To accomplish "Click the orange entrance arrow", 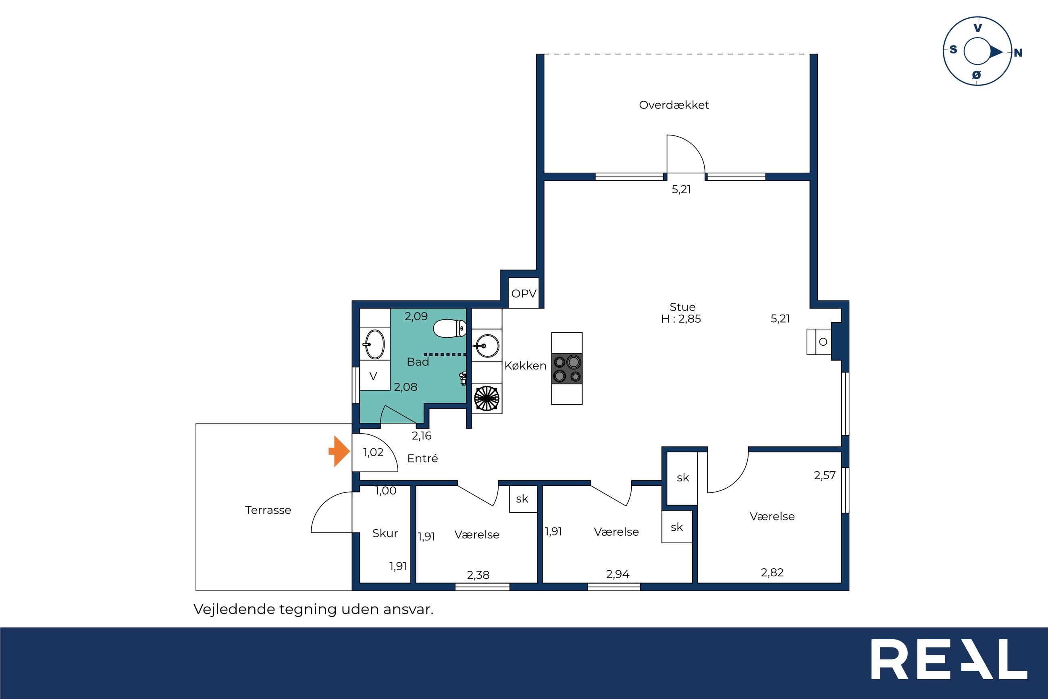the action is coord(339,451).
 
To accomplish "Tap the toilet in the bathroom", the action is coord(450,329).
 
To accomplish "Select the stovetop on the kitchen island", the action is coord(567,369).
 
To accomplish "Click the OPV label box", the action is coord(524,293).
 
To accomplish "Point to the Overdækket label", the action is coord(674,105).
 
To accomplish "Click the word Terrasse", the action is coord(268,510).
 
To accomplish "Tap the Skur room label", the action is coord(385,533).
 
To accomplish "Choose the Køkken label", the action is coord(525,365).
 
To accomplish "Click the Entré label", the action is coord(423,458).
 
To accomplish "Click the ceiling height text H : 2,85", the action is coord(681,319).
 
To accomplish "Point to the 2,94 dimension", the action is coord(618,574).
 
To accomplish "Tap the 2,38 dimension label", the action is coord(478,575).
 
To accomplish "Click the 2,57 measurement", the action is coord(825,475).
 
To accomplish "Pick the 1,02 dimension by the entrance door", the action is coord(373,452).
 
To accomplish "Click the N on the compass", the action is coord(1018,53).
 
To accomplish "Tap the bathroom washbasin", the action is coord(373,344).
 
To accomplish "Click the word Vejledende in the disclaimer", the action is coord(234,609).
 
